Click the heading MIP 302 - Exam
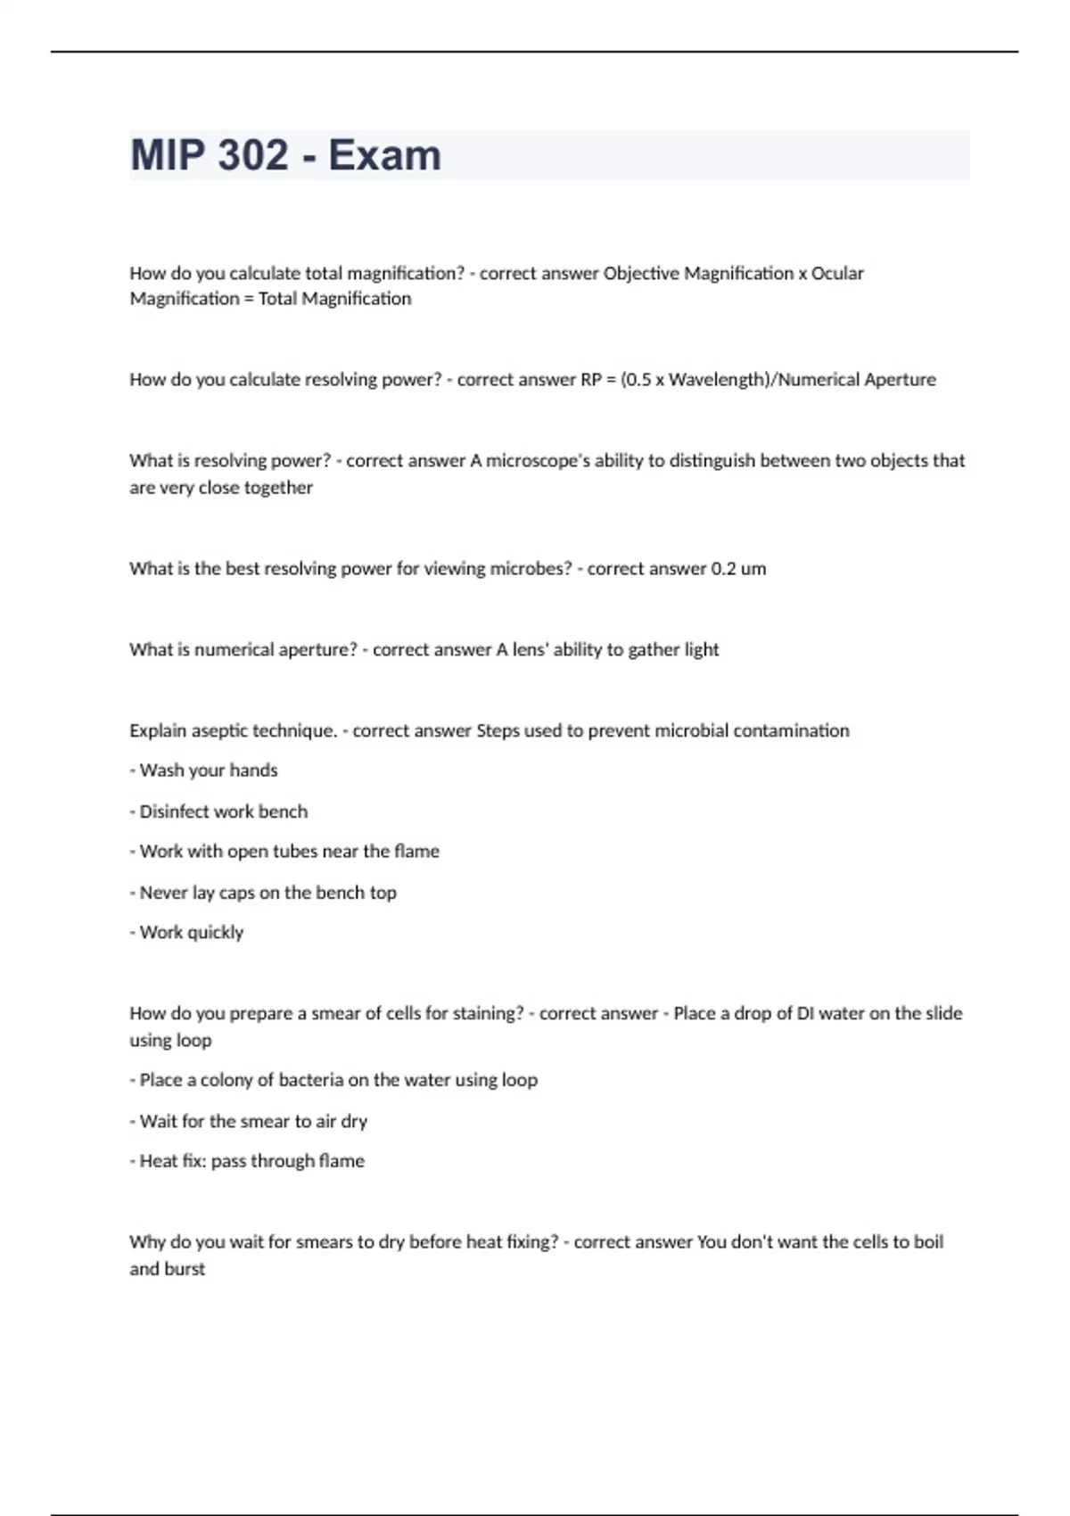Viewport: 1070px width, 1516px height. point(285,155)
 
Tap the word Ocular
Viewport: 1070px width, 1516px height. point(837,273)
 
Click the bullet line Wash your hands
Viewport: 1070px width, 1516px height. point(204,770)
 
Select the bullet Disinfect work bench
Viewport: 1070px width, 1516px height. point(219,812)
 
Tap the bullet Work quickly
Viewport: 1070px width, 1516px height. point(187,933)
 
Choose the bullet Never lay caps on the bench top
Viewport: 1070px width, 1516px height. point(264,893)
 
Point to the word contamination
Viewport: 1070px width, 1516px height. point(796,731)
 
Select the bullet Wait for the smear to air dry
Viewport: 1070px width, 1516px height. point(250,1121)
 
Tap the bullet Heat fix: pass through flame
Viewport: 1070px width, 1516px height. point(248,1161)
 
